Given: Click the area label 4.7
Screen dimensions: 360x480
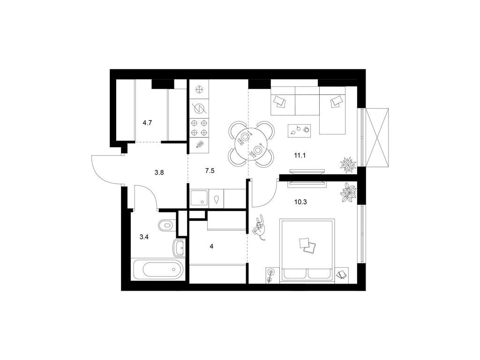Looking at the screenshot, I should coord(147,123).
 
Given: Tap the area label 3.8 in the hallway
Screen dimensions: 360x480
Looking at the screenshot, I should coord(159,172).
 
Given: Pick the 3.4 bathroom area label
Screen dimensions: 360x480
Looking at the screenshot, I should coord(144,237).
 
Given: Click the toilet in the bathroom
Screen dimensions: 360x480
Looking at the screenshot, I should coord(165,226).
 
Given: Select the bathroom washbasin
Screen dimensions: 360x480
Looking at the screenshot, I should coord(179,247).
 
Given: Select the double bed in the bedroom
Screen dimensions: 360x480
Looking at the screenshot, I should coord(307,250).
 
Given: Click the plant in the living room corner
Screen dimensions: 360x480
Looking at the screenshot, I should coord(348,165).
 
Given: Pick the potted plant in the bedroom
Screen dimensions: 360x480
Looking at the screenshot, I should coord(348,192).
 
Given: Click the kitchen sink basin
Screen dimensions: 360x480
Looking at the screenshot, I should coord(200,199).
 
